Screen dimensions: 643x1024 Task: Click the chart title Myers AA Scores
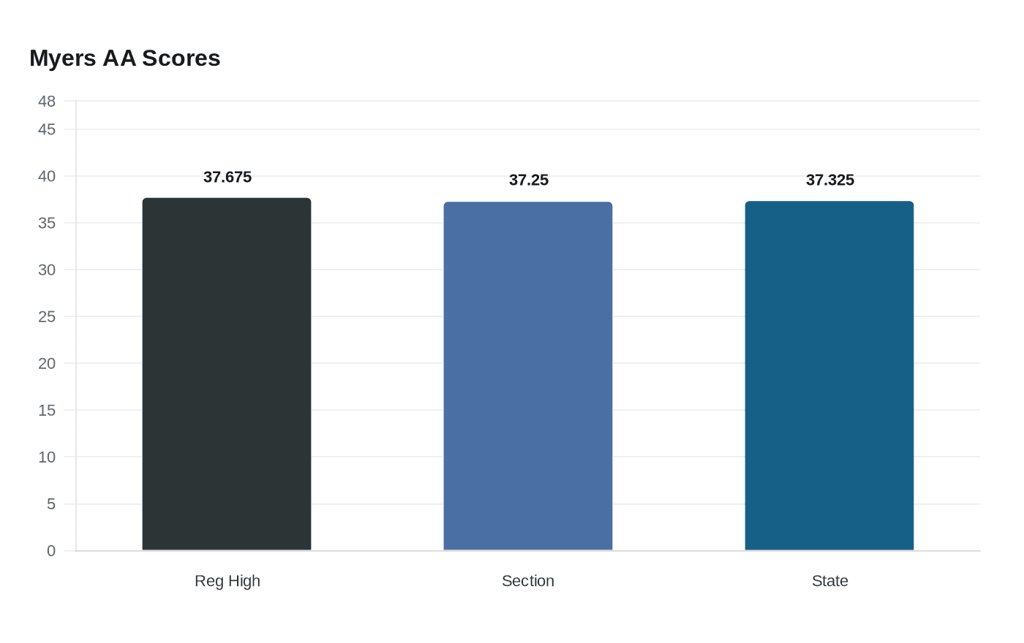pos(124,58)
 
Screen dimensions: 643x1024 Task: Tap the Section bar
pos(528,376)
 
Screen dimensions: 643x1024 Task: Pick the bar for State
pos(829,376)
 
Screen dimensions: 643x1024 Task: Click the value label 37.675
pos(227,177)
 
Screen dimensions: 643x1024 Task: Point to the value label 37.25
pos(529,180)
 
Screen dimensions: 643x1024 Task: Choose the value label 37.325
pos(830,180)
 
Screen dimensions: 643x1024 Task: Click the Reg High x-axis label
pos(227,581)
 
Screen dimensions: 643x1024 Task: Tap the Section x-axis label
pos(528,581)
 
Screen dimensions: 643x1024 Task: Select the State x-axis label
pos(830,581)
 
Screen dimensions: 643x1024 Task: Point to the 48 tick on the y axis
pos(47,102)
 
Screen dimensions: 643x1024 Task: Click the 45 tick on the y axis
pos(47,129)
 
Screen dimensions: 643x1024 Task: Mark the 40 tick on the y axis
pos(47,176)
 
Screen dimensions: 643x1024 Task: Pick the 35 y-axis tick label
pos(47,223)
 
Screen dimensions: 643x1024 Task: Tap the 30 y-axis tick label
pos(47,270)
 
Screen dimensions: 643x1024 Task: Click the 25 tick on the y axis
pos(47,316)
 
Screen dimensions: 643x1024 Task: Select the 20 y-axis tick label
pos(47,363)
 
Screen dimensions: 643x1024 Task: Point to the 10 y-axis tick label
pos(47,457)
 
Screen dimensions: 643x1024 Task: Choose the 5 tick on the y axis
pos(51,504)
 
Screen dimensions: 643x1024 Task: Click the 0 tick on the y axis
pos(51,551)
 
